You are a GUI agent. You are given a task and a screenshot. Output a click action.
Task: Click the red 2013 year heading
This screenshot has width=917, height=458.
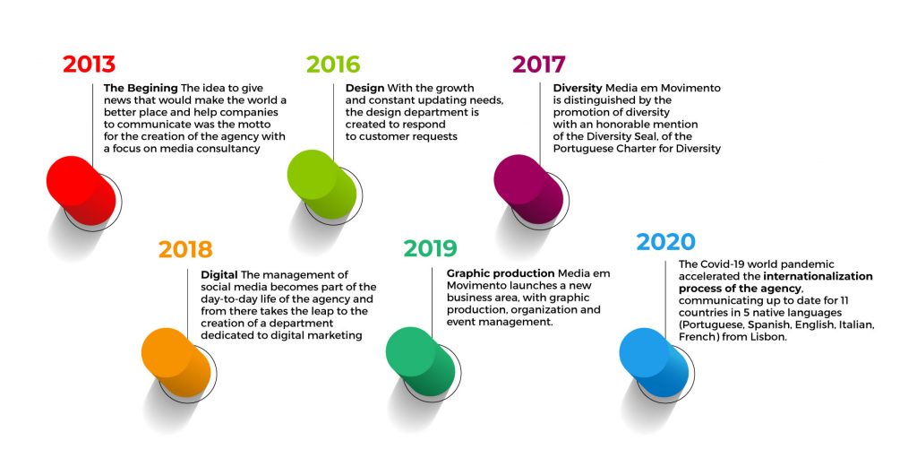89,65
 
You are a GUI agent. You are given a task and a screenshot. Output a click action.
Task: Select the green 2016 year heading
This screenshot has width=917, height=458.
333,65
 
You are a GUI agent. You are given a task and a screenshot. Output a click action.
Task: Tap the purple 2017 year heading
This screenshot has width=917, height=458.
538,65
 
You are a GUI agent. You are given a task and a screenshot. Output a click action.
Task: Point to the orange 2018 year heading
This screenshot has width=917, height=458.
185,249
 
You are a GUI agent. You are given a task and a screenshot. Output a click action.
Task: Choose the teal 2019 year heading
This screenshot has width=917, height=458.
430,248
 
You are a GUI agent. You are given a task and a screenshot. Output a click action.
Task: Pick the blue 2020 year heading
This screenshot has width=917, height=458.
666,242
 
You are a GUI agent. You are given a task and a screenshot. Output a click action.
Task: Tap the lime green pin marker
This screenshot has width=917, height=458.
321,185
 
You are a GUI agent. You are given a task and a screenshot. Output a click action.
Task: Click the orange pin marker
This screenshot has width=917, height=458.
176,362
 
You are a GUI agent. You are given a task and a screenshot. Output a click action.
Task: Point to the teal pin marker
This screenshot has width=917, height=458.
421,361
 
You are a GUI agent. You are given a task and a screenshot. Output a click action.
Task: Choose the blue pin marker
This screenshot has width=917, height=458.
655,362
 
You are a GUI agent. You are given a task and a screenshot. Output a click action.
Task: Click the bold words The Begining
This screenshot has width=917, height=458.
141,89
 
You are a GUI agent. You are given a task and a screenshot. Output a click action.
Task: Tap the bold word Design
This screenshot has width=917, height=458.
365,89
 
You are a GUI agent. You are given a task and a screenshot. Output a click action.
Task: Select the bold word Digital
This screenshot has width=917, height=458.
219,274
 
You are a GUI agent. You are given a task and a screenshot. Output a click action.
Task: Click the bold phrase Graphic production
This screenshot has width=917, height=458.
501,273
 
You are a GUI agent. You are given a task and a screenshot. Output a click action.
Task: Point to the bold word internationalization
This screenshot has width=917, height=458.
818,276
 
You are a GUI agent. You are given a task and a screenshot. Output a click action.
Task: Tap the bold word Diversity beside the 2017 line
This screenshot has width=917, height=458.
578,89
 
